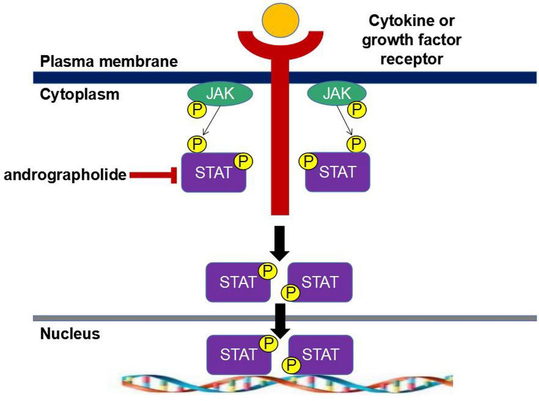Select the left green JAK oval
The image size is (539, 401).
(x=219, y=93)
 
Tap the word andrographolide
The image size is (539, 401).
(x=65, y=175)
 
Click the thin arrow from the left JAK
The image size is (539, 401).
(x=210, y=120)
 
